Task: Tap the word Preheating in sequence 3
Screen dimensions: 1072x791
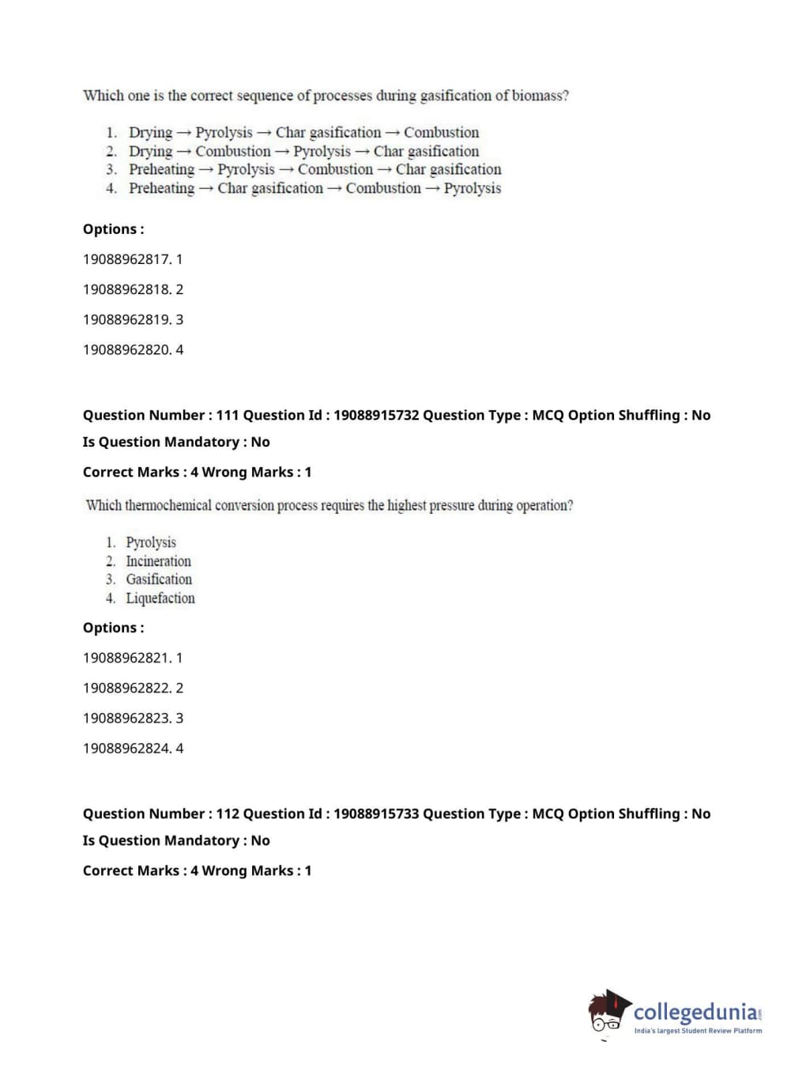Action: click(x=161, y=169)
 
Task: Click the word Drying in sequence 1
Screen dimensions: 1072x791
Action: click(x=150, y=132)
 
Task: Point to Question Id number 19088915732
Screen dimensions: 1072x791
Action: click(x=376, y=415)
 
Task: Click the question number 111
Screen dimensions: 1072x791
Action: click(x=228, y=415)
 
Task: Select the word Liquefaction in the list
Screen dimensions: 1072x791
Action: click(x=160, y=598)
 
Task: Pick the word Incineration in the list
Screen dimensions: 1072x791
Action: click(x=158, y=561)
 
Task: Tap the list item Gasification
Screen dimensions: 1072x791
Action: click(x=159, y=579)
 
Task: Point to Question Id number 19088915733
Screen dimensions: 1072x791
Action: click(x=376, y=813)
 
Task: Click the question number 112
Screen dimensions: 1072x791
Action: click(x=228, y=813)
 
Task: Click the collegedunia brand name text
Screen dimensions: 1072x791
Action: click(x=695, y=1012)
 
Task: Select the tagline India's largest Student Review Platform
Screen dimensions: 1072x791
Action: click(x=698, y=1031)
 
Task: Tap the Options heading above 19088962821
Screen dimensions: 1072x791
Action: click(x=113, y=628)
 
